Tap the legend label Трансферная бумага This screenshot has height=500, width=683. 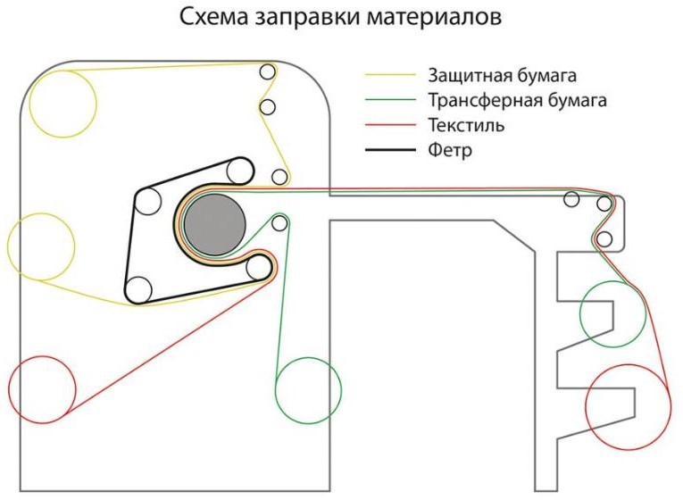coord(512,101)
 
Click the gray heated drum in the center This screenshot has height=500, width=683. coord(217,224)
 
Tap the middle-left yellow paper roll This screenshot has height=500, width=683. coord(41,246)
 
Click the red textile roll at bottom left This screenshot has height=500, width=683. coord(42,388)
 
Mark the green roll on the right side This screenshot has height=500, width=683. coord(612,312)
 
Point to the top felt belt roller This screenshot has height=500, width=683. coord(237,170)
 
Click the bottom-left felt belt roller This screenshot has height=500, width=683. coord(138,289)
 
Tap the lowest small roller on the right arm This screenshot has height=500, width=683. coord(604,238)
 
